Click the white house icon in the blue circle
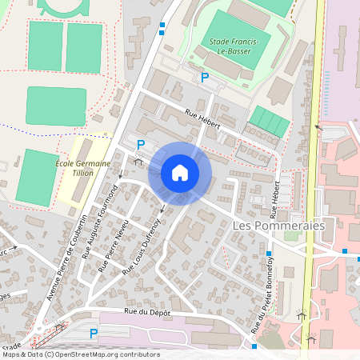pos(180,172)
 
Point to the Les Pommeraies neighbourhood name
pos(278,226)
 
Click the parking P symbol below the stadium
pos(204,78)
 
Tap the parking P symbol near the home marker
pos(141,145)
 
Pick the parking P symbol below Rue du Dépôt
pos(94,333)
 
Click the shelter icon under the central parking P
pos(138,161)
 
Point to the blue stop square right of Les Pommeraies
pos(345,251)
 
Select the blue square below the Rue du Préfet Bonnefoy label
pos(254,346)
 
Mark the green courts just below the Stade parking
pos(267,122)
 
